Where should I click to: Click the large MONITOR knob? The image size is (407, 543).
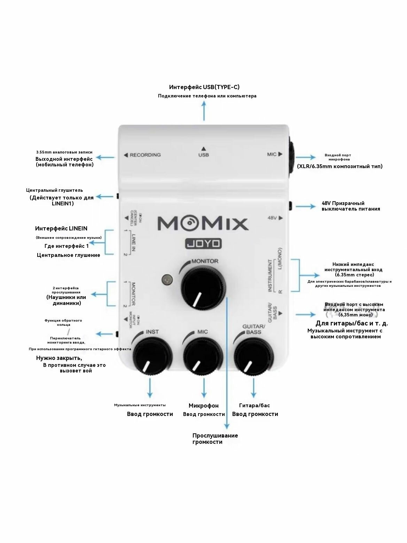(202, 288)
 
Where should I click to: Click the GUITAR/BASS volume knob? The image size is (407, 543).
(254, 355)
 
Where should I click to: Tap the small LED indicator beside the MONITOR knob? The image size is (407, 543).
(167, 280)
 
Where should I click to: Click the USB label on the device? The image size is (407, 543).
(204, 155)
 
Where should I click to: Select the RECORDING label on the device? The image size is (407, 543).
(145, 155)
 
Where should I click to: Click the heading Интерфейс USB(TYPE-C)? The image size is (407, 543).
(204, 87)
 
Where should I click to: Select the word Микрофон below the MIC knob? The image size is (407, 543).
(204, 406)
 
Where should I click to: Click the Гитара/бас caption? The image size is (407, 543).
(255, 405)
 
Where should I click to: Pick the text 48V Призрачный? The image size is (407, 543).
(343, 203)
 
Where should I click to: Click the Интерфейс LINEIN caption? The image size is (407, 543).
(61, 229)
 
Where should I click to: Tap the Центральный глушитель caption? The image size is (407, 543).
(55, 190)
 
